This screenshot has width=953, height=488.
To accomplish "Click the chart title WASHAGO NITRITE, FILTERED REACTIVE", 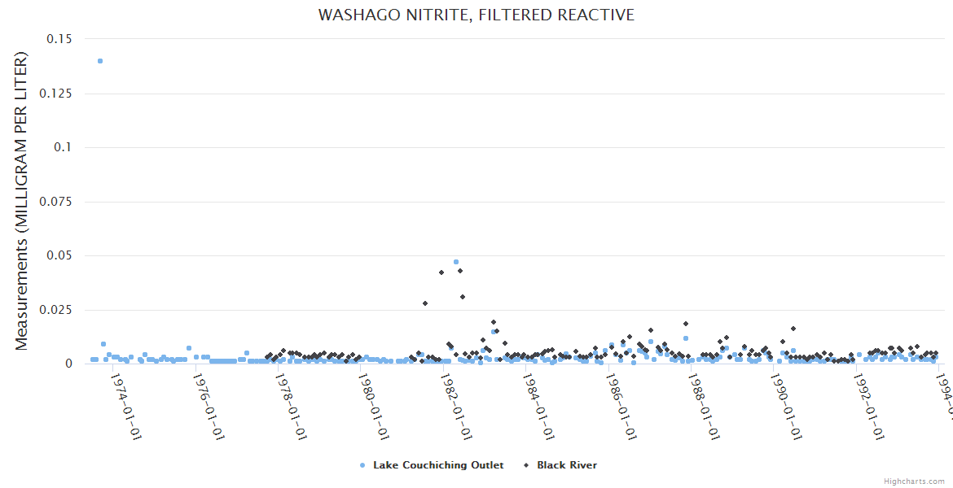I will [x=476, y=15].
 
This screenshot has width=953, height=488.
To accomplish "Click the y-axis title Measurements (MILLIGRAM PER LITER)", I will [x=22, y=201].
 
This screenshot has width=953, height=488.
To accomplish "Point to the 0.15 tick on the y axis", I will [x=59, y=39].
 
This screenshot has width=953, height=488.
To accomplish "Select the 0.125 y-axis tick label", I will [x=54, y=94].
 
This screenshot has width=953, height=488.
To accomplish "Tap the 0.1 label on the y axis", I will [x=62, y=147].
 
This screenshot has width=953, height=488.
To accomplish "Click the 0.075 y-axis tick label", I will [x=54, y=202].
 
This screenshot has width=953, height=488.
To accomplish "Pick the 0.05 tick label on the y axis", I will [x=59, y=255].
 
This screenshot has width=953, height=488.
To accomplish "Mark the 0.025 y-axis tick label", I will [x=54, y=310].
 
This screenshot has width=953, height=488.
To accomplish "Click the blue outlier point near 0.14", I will [x=100, y=61].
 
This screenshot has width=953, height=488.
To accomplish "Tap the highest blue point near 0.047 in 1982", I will [x=456, y=262].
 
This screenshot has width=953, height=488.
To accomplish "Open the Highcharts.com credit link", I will [x=915, y=481].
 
